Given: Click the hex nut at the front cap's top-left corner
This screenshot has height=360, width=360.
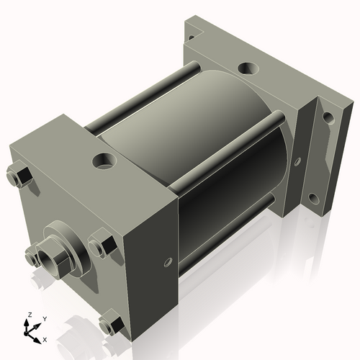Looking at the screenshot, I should [19, 176].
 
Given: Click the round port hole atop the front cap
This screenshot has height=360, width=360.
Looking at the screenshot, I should [104, 158].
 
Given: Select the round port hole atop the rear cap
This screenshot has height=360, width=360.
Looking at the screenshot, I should [248, 69].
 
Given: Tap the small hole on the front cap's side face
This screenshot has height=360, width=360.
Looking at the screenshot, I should [168, 261].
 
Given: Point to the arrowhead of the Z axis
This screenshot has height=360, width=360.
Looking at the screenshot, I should [28, 323].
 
